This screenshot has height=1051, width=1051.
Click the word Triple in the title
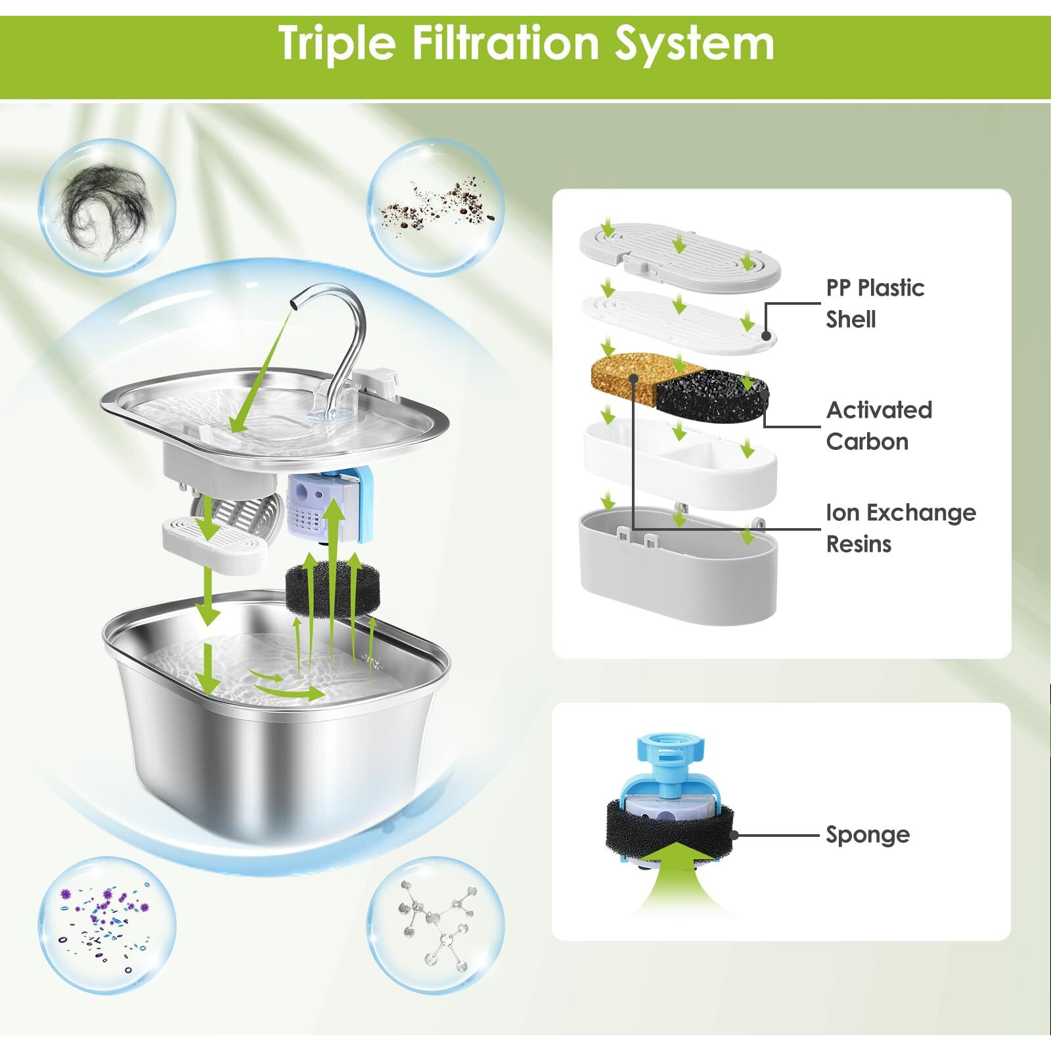pos(337,43)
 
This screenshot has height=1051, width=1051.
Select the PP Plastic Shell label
pos(874,303)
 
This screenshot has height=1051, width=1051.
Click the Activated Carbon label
pos(878,426)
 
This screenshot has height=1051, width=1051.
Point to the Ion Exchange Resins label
pos(900,528)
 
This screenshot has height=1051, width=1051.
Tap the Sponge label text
pos(867,834)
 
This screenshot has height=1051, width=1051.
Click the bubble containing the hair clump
pos(107,208)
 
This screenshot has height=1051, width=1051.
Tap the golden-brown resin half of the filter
pos(624,381)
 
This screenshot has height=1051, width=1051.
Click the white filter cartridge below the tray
pos(213,542)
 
